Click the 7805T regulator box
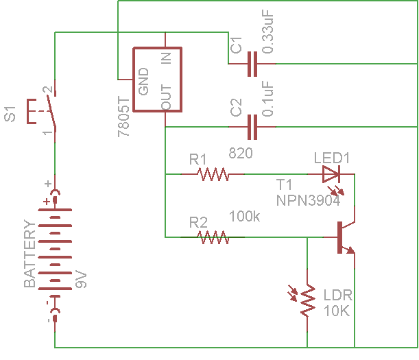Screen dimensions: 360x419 coord(156,79)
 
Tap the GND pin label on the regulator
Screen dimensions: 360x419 coord(144,82)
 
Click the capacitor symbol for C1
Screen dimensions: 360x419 coord(252,64)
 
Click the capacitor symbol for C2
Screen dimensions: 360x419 coord(252,128)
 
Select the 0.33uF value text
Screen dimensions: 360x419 coord(269,32)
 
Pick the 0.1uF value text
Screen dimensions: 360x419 coord(269,98)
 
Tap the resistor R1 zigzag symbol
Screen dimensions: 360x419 coord(213,175)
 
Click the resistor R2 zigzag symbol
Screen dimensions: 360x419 coord(213,237)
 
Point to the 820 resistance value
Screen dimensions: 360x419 coord(241,154)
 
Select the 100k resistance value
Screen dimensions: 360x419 coord(245,217)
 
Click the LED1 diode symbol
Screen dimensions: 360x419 coord(331,174)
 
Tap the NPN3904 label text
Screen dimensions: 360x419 coord(306,200)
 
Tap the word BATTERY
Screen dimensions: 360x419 coord(29,254)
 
